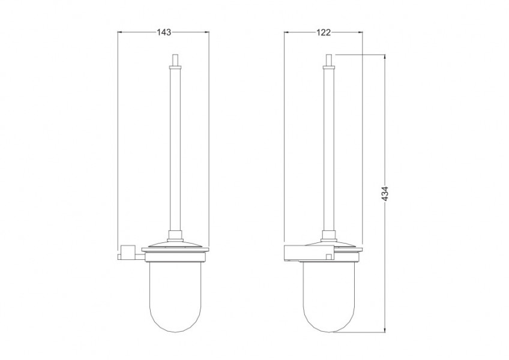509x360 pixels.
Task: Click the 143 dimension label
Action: click(x=164, y=32)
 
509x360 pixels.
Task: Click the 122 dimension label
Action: click(x=324, y=32)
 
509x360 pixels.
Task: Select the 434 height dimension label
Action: click(x=385, y=194)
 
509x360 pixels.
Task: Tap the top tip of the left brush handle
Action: click(x=175, y=54)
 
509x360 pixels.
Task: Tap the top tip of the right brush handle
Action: click(x=329, y=54)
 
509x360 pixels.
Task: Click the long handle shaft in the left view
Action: click(x=175, y=149)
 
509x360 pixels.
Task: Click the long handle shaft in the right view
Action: click(x=329, y=149)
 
